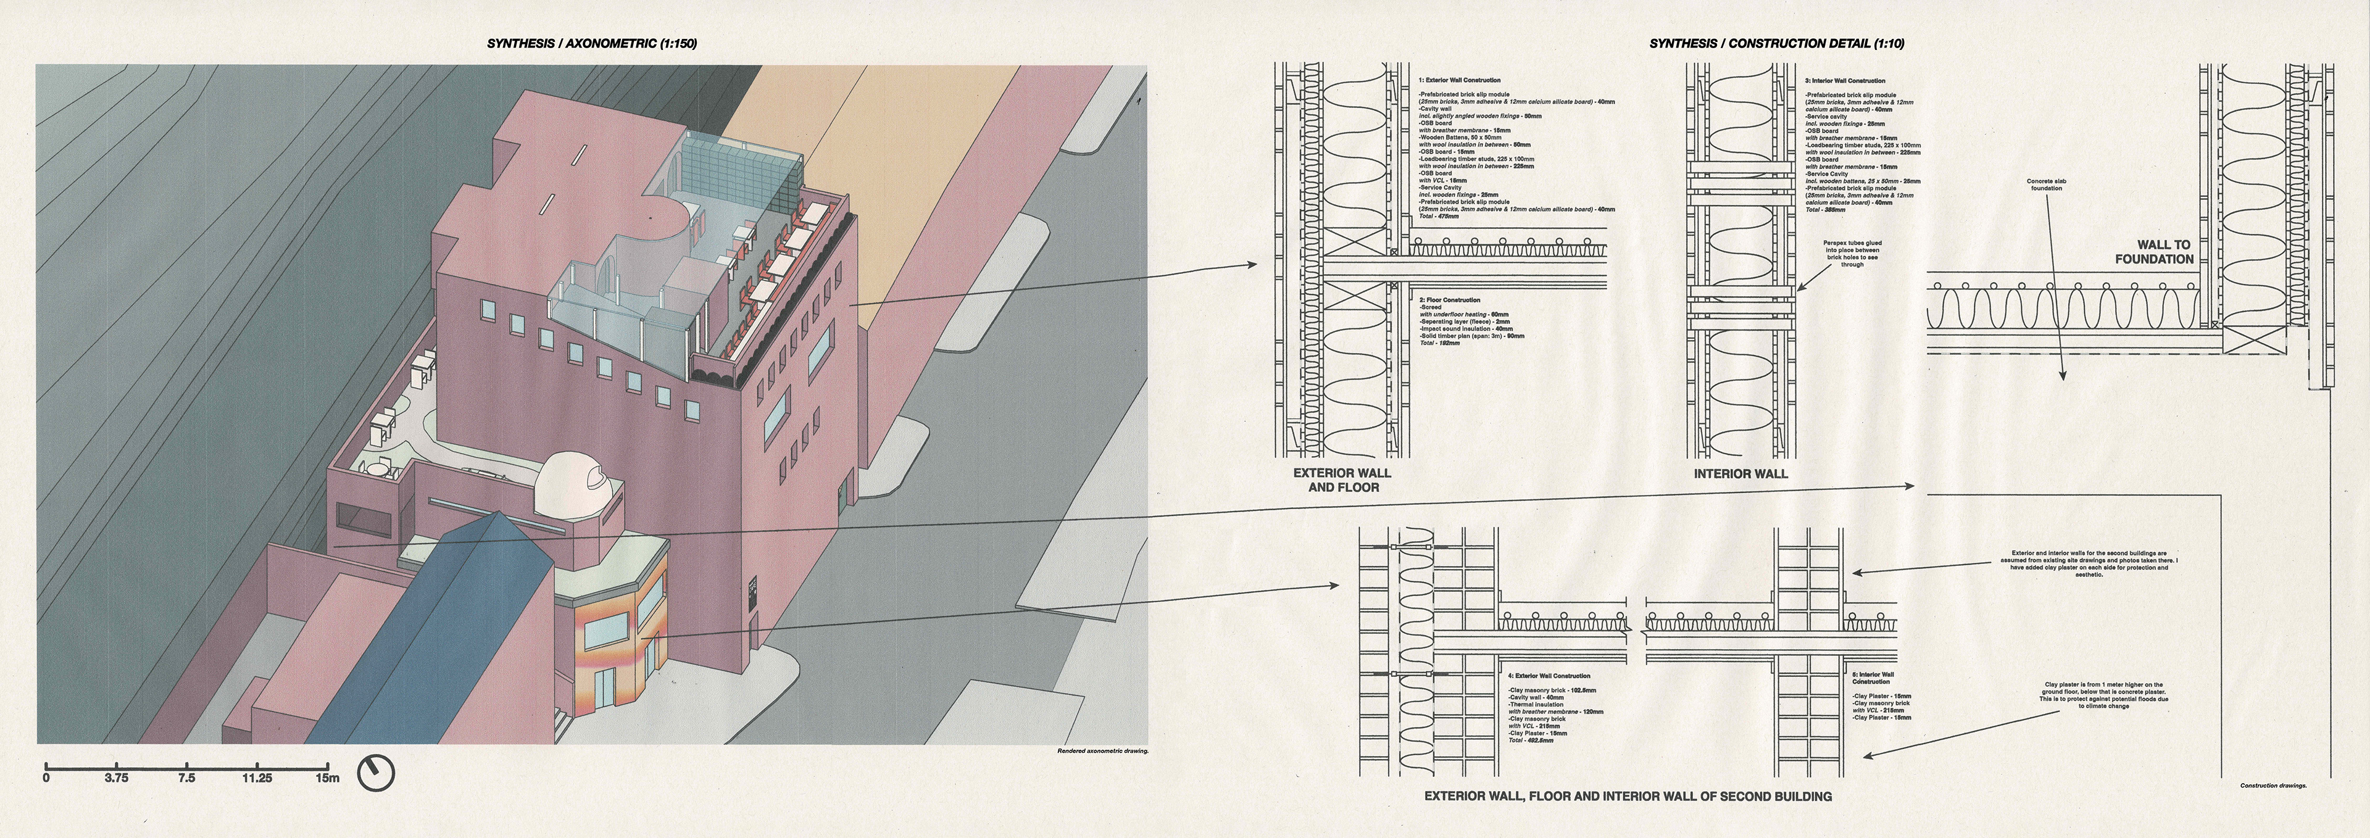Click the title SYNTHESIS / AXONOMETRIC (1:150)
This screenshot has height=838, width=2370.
pyautogui.click(x=592, y=43)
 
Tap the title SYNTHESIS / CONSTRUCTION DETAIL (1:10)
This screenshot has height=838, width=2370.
pyautogui.click(x=1777, y=43)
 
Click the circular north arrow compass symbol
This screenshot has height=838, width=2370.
pyautogui.click(x=375, y=774)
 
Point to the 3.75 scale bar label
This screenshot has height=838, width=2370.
pyautogui.click(x=116, y=778)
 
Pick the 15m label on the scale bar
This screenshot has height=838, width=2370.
pyautogui.click(x=328, y=778)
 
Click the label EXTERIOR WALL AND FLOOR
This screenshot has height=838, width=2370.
pyautogui.click(x=1342, y=480)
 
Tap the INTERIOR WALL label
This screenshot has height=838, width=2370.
pyautogui.click(x=1740, y=474)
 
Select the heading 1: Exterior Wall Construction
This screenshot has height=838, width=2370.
pyautogui.click(x=1458, y=81)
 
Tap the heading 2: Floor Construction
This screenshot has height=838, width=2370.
pyautogui.click(x=1449, y=300)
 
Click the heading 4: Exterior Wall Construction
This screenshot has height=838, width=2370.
pyautogui.click(x=1549, y=676)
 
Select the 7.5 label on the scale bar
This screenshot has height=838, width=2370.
pyautogui.click(x=187, y=778)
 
